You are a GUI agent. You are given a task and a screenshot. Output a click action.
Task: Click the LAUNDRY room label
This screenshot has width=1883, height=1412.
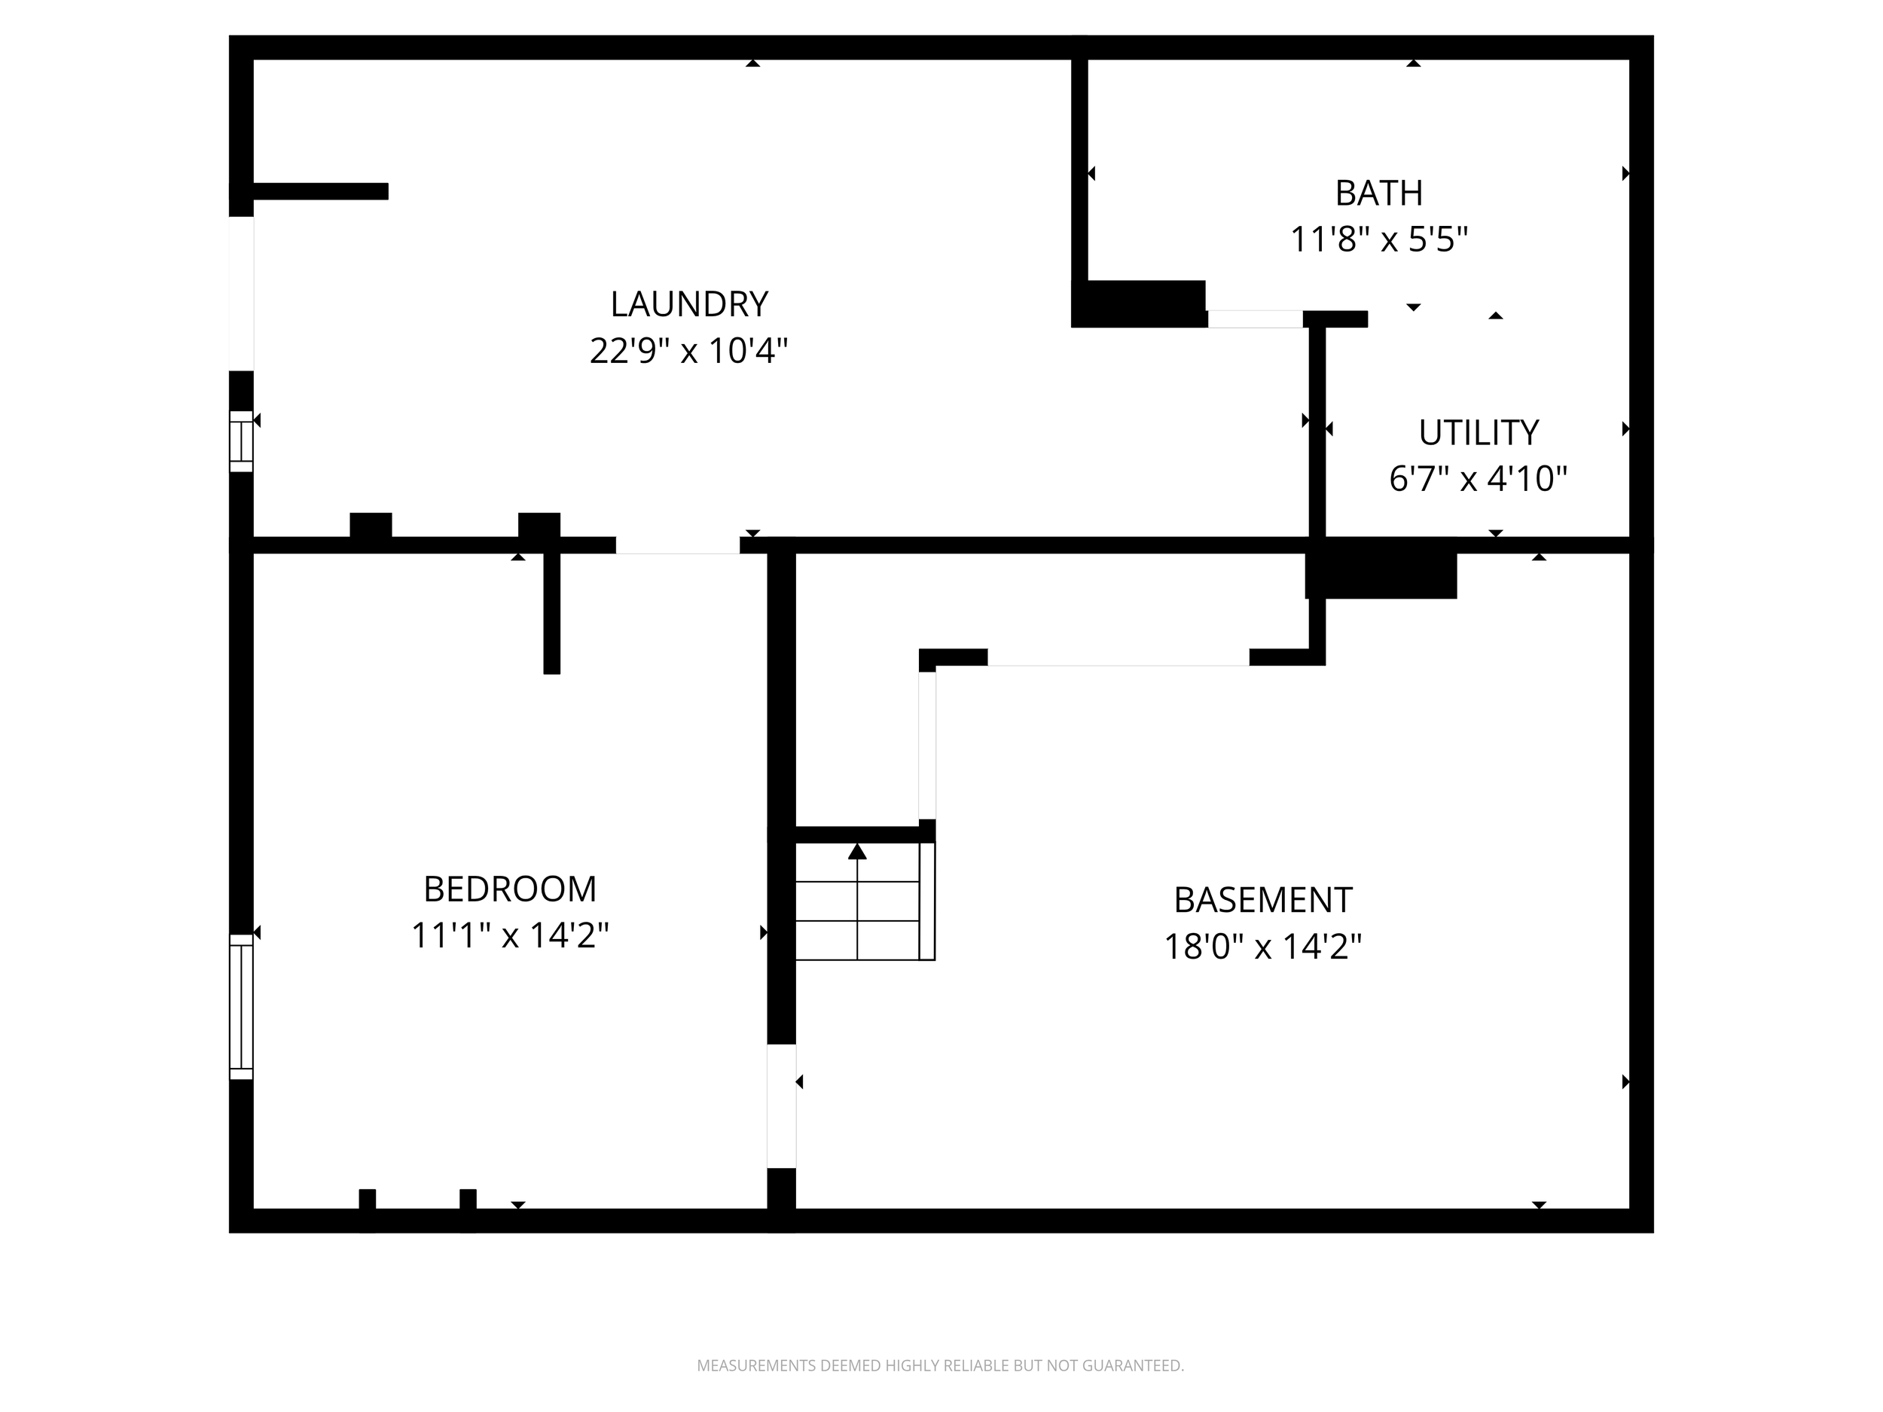click(688, 303)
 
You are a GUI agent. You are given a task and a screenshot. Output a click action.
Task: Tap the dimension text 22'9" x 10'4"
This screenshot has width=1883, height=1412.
click(688, 351)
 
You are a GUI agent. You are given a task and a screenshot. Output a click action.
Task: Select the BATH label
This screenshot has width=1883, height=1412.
click(1378, 194)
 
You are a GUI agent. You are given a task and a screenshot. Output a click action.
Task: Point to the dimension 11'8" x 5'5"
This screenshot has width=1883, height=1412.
click(1378, 240)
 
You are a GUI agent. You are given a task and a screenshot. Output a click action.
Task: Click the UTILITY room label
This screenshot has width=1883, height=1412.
click(1478, 433)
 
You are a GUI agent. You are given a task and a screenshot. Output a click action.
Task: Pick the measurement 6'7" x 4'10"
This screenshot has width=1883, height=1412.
click(1478, 480)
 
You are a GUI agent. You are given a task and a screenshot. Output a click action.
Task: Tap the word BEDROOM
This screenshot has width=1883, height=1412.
click(510, 889)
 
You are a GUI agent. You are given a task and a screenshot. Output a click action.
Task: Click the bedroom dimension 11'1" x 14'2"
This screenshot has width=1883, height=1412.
click(510, 936)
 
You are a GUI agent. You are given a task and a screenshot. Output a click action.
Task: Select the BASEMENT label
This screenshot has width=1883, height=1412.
click(1262, 900)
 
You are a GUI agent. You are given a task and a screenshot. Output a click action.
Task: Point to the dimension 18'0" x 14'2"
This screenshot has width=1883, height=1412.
click(1262, 947)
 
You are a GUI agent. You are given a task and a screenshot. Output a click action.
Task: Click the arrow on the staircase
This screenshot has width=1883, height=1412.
click(857, 852)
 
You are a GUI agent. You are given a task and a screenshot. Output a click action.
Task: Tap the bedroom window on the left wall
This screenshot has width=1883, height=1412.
click(242, 1007)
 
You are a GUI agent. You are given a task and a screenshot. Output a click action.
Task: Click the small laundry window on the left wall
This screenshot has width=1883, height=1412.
click(242, 441)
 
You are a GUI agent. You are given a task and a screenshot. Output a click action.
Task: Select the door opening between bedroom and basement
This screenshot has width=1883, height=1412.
click(782, 1106)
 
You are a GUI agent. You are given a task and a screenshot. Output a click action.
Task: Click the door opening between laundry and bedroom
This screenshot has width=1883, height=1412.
click(678, 545)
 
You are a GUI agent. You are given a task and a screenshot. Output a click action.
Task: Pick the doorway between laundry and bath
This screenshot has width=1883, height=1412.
click(1255, 319)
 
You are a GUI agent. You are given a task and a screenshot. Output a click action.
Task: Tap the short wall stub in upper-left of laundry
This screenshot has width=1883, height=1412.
click(321, 191)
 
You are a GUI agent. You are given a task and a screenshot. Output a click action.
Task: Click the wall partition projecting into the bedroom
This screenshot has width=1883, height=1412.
click(551, 613)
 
